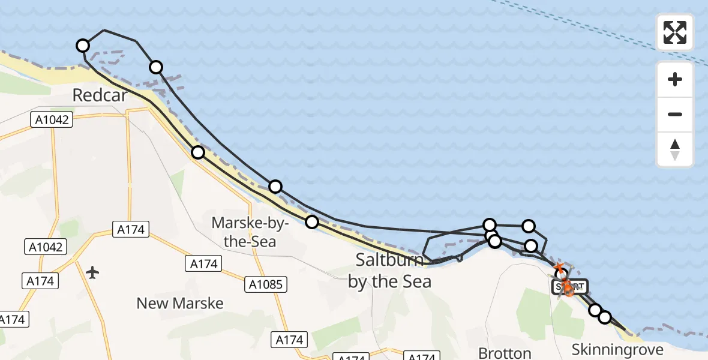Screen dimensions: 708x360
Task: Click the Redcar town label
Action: coord(100,95)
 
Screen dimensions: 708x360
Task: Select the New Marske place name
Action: coord(180,303)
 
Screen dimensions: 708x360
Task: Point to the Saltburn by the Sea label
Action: coord(390,271)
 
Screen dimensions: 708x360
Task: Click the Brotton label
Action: coord(505,353)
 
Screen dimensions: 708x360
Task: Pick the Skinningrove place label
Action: coord(617,350)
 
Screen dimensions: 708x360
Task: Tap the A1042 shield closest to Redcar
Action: coord(51,120)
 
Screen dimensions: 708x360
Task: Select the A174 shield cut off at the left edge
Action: coord(12,320)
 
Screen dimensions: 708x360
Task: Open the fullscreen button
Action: coord(674,32)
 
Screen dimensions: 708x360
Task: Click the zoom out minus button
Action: coord(674,114)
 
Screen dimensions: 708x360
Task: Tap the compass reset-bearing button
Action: coord(674,149)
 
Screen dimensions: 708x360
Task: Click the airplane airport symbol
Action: coord(92,273)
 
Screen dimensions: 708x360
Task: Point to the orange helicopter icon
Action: coord(567,290)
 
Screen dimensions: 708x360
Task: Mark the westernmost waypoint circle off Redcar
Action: coord(83,46)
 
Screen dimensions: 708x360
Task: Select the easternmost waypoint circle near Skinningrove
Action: coord(604,317)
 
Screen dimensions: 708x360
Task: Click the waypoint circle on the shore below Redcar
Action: coord(198,152)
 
